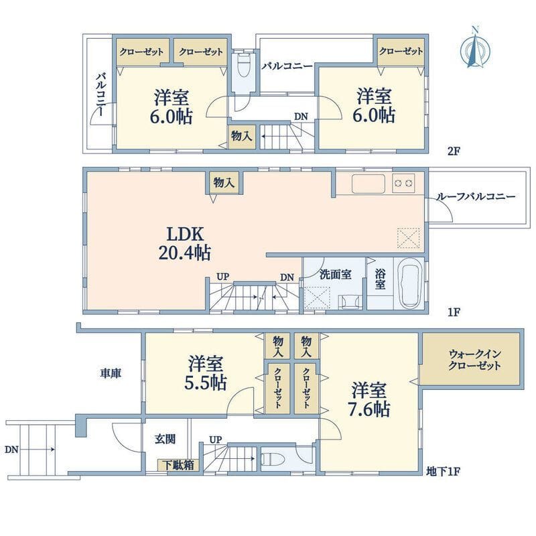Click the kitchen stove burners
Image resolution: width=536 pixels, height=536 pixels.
[x=404, y=182]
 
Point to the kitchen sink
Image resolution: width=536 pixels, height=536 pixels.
[x=366, y=183]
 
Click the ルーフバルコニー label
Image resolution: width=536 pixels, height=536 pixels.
[x=475, y=198]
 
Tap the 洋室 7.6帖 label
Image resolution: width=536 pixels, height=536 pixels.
[x=369, y=399]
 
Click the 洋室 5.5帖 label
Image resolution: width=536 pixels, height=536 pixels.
[x=205, y=373]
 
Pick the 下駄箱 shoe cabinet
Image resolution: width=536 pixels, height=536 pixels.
[x=176, y=464]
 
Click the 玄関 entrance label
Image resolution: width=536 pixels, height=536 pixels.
[x=165, y=440]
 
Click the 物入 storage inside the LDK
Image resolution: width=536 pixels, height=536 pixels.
[x=222, y=182]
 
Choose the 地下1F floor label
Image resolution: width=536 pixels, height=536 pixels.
[x=443, y=472]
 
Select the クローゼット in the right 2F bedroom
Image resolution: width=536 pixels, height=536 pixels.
[x=401, y=52]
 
